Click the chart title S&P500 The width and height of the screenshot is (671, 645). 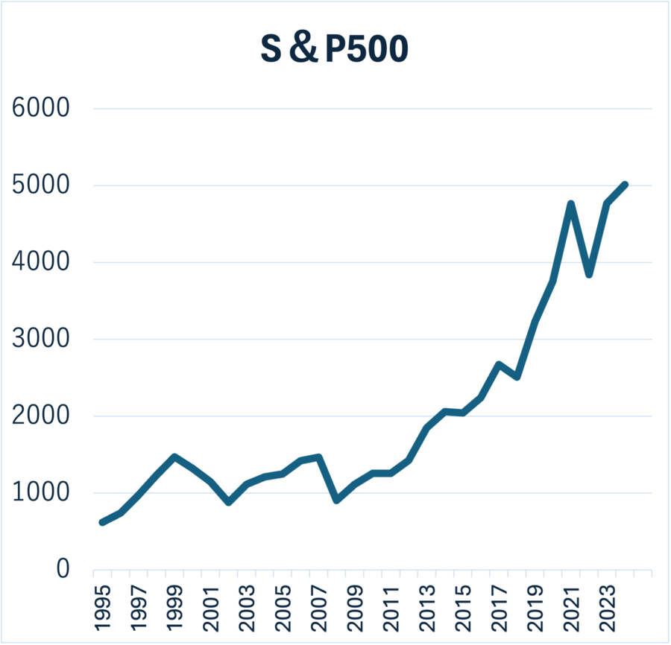pos(334,48)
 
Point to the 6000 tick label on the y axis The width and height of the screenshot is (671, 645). pos(41,109)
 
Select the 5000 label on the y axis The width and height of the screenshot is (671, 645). pos(41,185)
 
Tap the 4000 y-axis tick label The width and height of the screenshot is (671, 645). pos(41,262)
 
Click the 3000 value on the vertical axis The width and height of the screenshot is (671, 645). pos(41,339)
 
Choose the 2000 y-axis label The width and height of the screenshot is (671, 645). pos(41,416)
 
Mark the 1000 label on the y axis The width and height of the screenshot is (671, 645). pos(41,492)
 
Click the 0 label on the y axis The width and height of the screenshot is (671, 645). pos(63,569)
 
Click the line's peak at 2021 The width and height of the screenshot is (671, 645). pos(571,204)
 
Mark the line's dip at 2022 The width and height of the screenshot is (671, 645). pos(589,275)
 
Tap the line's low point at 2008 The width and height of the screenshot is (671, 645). pos(337,500)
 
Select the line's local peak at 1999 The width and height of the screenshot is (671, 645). pos(174,457)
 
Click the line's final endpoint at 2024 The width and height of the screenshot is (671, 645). pos(626,184)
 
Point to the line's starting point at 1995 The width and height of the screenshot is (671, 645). pos(102,522)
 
